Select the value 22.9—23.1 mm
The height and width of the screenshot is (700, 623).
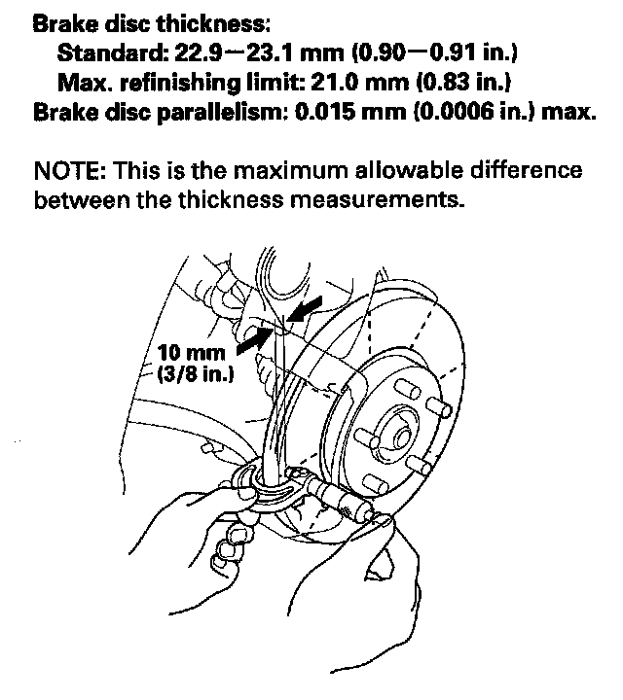coord(260,53)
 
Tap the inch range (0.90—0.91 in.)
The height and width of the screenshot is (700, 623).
coord(434,53)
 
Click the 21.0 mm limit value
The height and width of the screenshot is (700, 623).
coord(360,83)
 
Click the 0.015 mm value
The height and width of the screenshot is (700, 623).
coord(349,112)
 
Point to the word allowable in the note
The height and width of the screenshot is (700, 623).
coord(409,170)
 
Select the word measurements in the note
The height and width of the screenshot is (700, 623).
coord(375,200)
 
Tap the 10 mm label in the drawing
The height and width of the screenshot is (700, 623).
coord(191,353)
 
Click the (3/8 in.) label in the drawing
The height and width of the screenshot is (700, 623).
coord(196,373)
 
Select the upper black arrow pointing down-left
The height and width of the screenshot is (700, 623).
coord(305,308)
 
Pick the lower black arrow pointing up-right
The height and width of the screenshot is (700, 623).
coord(254,340)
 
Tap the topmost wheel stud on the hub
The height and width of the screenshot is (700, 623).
coord(408,388)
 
